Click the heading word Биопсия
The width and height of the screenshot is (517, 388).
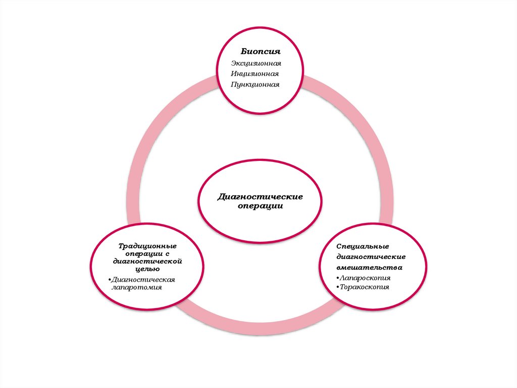pos(260,52)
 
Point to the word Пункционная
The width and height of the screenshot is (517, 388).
pos(255,84)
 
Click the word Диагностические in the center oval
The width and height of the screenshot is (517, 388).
pos(260,196)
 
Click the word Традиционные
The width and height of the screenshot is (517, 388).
pos(147,246)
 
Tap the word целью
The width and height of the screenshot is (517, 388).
pos(147,270)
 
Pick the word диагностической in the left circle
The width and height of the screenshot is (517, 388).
pos(147,262)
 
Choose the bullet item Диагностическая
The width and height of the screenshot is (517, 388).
pos(143,279)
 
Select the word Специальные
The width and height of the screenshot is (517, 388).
pos(363,246)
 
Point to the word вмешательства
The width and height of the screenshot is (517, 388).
pos(370,267)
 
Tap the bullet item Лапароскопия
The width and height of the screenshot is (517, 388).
pos(366,278)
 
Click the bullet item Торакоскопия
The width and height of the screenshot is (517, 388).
pos(365,287)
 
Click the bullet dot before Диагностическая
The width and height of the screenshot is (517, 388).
pos(110,280)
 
